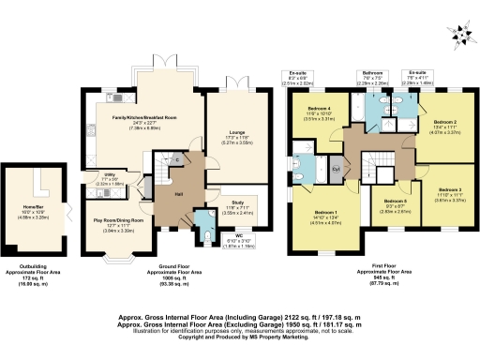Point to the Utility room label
tap(109, 177)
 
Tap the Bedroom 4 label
tap(319, 110)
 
